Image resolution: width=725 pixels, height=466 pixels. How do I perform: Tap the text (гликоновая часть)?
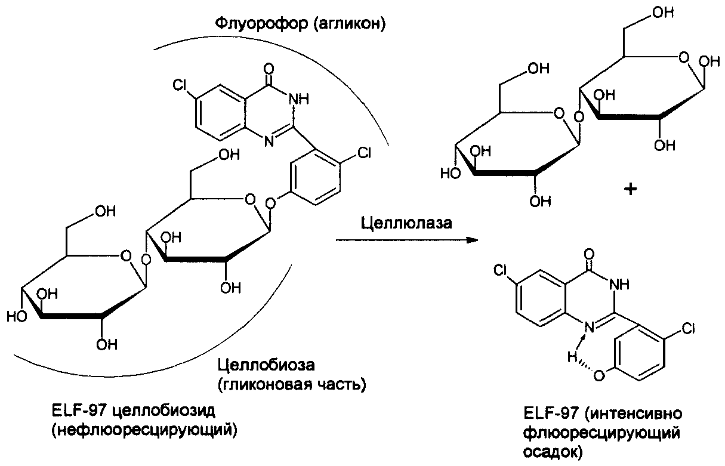coord(291,383)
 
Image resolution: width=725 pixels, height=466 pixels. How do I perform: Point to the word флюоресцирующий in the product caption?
coord(601,433)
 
